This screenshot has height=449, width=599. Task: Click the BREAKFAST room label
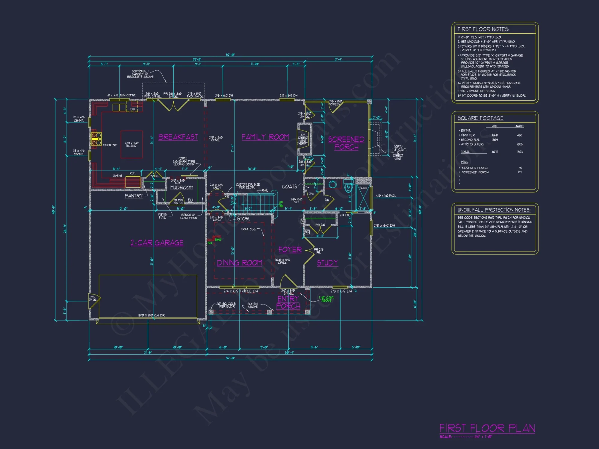tap(178, 137)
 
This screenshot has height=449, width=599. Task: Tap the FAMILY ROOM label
tap(265, 137)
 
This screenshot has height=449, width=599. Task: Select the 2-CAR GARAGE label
tap(157, 242)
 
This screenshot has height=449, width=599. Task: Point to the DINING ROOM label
tap(239, 263)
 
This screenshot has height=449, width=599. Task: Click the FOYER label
tap(290, 250)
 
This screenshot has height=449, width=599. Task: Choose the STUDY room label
tap(327, 263)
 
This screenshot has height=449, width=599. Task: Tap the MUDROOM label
tap(181, 187)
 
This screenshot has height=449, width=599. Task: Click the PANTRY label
tap(134, 196)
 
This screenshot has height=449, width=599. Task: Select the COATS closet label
tap(289, 186)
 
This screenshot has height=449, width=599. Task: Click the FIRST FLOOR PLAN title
tap(487, 428)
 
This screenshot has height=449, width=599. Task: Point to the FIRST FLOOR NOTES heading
tap(483, 29)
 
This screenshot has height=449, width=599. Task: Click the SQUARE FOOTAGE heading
tap(480, 118)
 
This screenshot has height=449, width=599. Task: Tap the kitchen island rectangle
tap(131, 144)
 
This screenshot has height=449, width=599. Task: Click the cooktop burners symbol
tap(96, 139)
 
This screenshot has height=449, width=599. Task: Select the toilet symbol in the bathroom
tap(348, 187)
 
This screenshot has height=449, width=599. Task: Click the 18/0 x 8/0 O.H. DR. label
tap(152, 315)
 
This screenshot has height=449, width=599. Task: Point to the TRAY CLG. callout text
tap(248, 229)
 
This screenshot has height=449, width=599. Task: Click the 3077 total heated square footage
tap(494, 152)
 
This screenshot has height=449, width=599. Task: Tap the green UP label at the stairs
tap(281, 203)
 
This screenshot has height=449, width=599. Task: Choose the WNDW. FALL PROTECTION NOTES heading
tap(494, 210)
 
